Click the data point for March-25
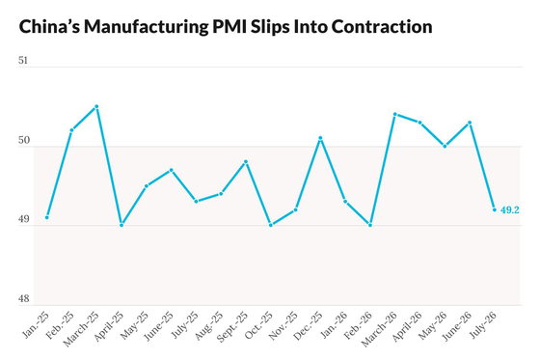[x=96, y=106]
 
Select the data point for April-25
[x=121, y=225]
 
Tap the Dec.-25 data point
[x=320, y=138]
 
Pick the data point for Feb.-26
[x=370, y=225]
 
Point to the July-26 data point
[x=495, y=209]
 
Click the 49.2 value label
[x=510, y=210]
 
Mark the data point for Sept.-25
[x=246, y=162]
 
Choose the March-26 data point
[x=395, y=114]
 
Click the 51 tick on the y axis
[x=23, y=61]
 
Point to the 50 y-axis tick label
[x=24, y=140]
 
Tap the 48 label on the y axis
[x=24, y=298]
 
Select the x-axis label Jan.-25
[x=36, y=324]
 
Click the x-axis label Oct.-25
[x=259, y=325]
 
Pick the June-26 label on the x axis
[x=457, y=326]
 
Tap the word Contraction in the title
[x=382, y=27]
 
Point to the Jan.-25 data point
[x=47, y=217]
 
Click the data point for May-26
[x=445, y=146]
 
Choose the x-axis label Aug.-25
[x=209, y=325]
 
